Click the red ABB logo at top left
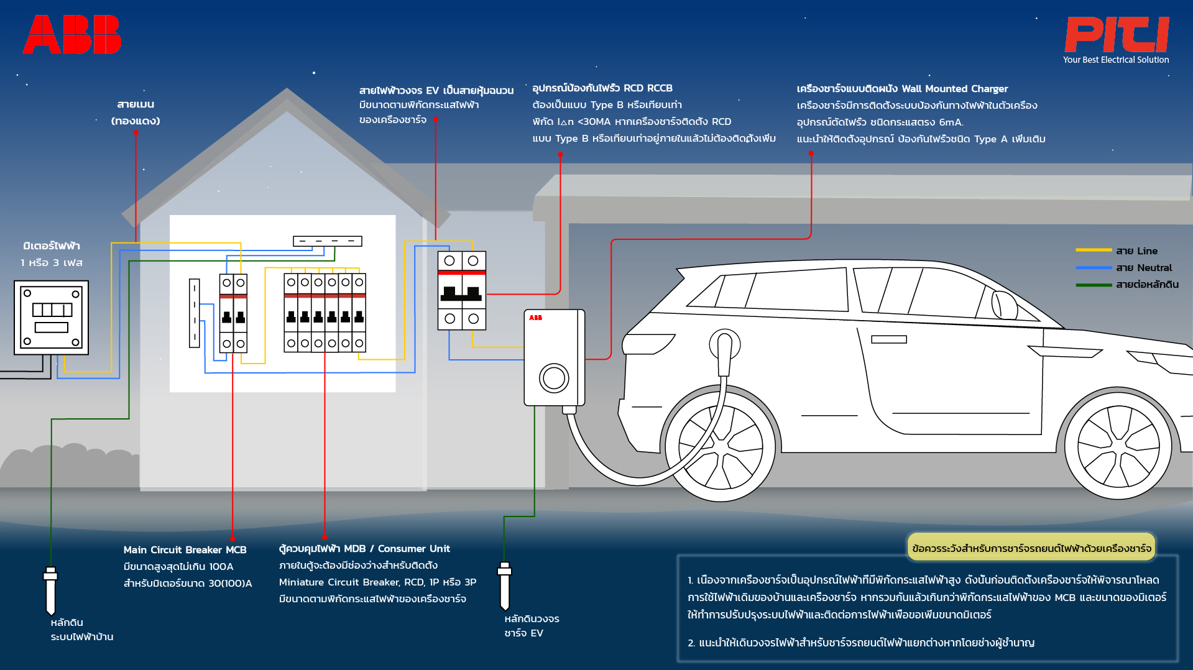(x=72, y=35)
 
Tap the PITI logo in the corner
(x=1117, y=35)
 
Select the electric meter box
(x=52, y=318)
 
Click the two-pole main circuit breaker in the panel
(x=233, y=313)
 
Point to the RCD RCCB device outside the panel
(x=462, y=290)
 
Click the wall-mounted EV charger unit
(x=555, y=358)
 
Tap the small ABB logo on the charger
(x=535, y=318)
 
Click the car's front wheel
(x=721, y=447)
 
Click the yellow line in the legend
(x=1094, y=250)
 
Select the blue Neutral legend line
(x=1094, y=268)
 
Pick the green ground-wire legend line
(x=1094, y=285)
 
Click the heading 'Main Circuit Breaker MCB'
(x=185, y=549)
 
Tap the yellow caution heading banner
(x=1031, y=548)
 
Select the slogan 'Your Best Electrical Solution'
(x=1116, y=60)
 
